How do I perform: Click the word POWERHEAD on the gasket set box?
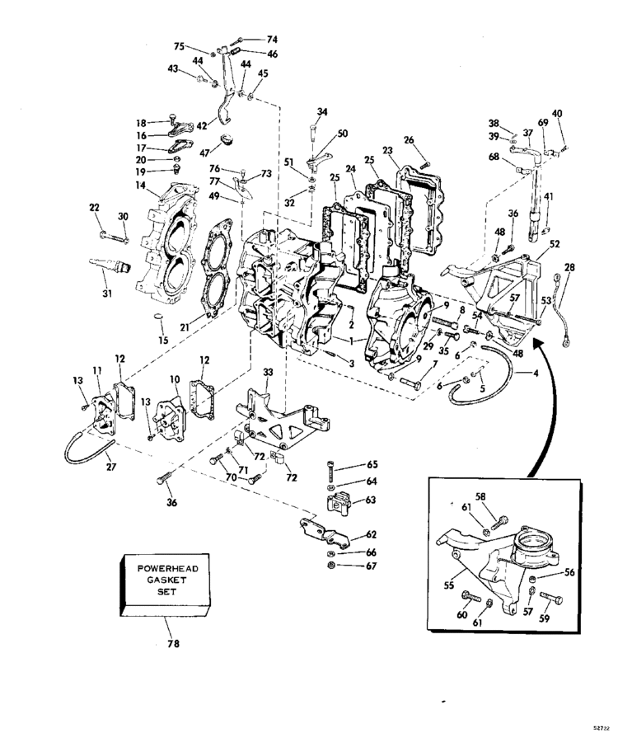168,568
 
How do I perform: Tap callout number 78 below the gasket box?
173,644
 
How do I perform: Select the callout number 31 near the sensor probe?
107,294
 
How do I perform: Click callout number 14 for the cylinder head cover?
140,186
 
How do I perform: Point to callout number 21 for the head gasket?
185,327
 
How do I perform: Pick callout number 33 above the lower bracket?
268,372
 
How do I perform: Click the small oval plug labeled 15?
160,317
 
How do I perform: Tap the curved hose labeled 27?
89,448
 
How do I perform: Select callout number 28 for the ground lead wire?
569,267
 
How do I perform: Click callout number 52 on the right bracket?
555,244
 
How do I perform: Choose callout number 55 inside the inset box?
448,585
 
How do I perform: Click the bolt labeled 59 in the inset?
551,599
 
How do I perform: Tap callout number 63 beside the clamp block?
371,500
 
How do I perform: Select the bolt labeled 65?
330,471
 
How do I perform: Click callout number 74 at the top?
272,40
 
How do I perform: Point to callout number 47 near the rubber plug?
204,153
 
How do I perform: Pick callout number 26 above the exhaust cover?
409,140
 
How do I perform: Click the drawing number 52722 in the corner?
602,728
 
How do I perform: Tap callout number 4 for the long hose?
536,373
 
